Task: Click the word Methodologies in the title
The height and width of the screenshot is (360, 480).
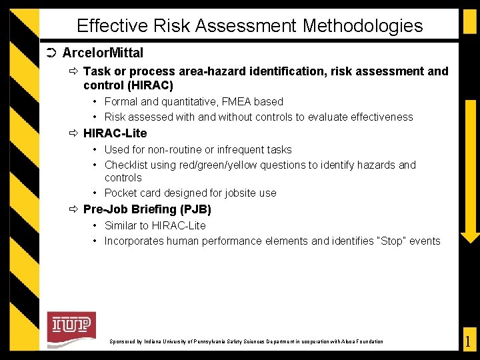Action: [363, 26]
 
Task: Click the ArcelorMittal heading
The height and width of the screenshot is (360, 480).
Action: [103, 53]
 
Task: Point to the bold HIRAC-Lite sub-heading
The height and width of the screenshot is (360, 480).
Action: [115, 133]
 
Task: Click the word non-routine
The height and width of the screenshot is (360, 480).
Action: [180, 149]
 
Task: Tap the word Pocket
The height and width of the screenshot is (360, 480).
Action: [122, 193]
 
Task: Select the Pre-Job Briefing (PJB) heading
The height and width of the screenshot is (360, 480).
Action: [147, 209]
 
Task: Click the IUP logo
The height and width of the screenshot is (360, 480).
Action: [71, 326]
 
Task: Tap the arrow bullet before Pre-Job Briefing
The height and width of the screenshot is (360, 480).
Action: [73, 209]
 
